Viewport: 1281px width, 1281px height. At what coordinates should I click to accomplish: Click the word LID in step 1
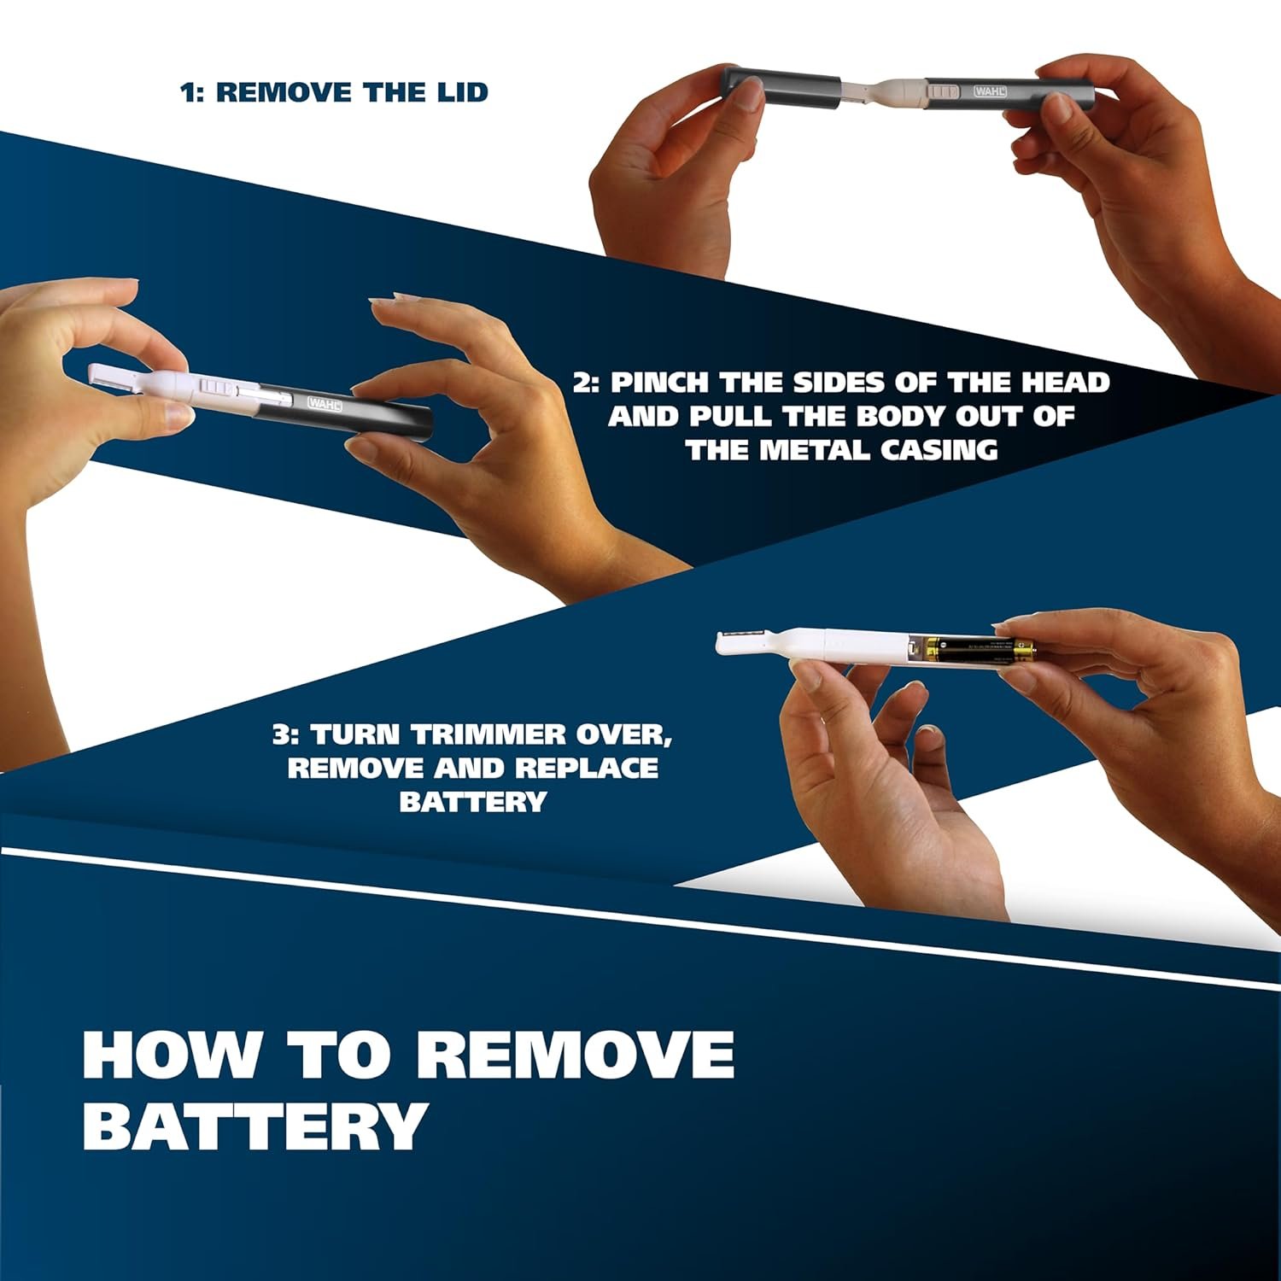click(459, 92)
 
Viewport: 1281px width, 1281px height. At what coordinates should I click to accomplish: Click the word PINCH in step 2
click(658, 382)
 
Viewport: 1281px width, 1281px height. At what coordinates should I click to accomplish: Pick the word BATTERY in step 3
click(472, 802)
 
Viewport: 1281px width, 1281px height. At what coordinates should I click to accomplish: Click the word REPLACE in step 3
click(587, 768)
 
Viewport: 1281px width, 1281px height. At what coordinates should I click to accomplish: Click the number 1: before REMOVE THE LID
click(193, 92)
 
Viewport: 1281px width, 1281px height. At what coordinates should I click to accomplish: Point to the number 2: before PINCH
click(587, 382)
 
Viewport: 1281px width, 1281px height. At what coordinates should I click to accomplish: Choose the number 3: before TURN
click(286, 734)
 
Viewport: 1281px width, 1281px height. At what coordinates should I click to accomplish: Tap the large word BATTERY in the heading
click(254, 1126)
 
